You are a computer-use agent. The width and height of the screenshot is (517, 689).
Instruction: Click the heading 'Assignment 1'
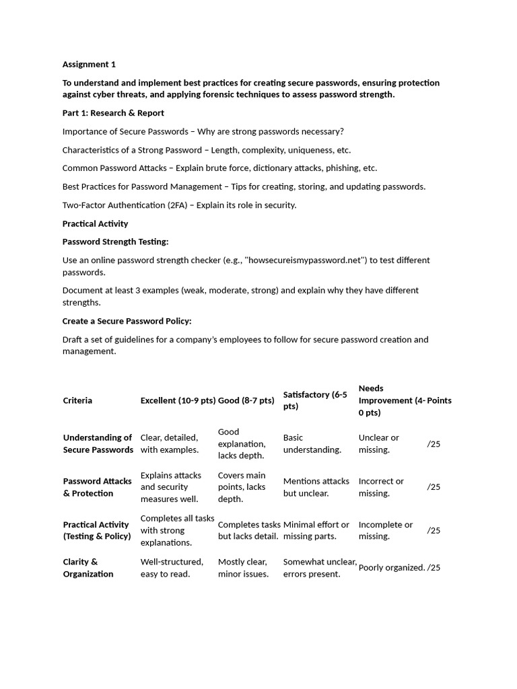point(89,65)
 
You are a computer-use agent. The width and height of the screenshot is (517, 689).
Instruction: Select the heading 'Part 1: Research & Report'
point(113,113)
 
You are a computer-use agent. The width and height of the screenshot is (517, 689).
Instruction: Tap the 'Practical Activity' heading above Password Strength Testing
point(95,223)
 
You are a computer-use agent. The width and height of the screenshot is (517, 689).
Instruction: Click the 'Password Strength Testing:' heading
point(115,242)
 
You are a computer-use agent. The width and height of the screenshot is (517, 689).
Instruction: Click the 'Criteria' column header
point(77,400)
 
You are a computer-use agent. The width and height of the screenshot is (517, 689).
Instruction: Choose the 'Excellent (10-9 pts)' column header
point(178,400)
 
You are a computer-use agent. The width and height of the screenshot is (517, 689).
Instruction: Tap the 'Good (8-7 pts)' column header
point(246,400)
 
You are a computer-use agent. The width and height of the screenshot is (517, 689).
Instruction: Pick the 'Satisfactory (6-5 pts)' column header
point(315,400)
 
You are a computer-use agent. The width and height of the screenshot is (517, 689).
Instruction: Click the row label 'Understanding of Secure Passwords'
point(98,443)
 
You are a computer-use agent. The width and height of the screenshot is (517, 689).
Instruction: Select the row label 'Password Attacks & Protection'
point(97,487)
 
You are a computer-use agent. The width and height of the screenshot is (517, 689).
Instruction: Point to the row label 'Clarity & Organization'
point(88,568)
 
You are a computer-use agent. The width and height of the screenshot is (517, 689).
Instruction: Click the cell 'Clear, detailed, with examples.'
point(169,443)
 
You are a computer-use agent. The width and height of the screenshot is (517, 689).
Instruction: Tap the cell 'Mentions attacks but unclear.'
point(316,487)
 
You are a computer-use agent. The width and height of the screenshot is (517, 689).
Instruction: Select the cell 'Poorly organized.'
point(391,568)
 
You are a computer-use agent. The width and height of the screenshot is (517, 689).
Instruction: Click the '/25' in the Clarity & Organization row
point(434,568)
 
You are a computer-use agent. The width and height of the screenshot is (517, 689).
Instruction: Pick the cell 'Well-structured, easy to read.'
point(172,568)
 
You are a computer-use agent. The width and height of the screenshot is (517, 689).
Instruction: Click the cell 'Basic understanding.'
point(312,443)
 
